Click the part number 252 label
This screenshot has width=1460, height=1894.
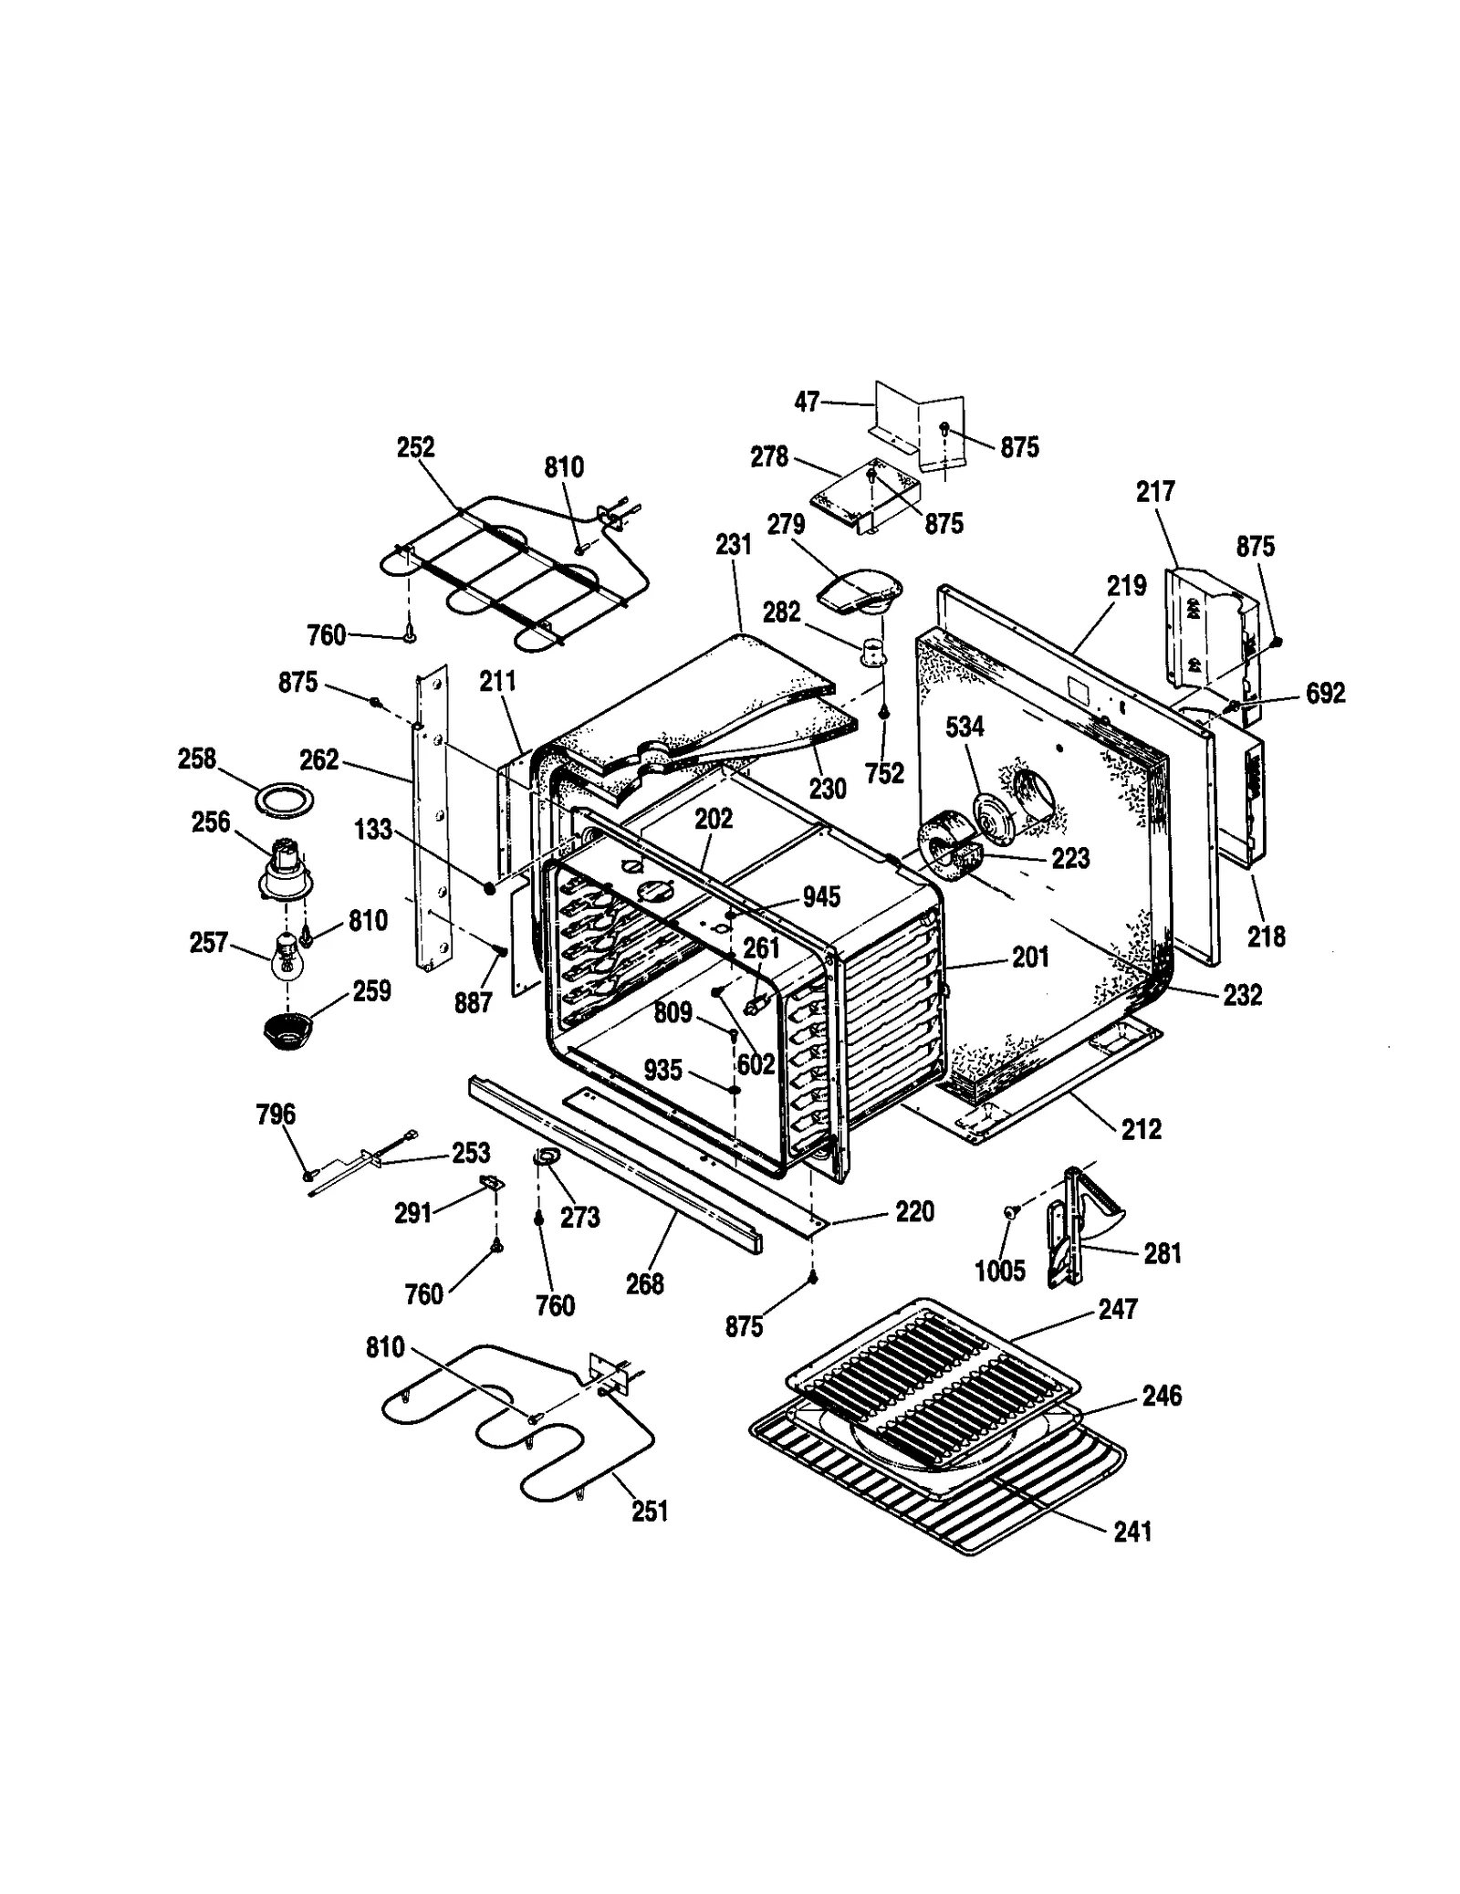(415, 448)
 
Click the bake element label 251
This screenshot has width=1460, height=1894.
(650, 1512)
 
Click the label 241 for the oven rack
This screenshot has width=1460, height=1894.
(1132, 1531)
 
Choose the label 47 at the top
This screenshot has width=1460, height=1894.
(807, 402)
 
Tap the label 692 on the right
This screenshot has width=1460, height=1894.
(1325, 694)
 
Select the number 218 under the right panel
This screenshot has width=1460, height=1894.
(1267, 936)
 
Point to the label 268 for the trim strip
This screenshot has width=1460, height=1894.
(644, 1284)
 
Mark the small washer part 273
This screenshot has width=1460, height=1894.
(546, 1157)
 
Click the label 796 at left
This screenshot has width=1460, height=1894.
(276, 1114)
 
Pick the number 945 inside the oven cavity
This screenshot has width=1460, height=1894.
(821, 897)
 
